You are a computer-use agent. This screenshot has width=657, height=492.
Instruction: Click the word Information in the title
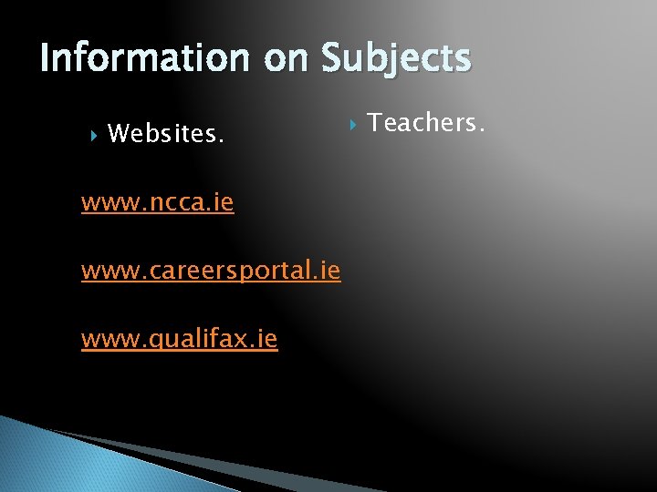[146, 58]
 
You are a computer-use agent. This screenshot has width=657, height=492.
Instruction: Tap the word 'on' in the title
[287, 58]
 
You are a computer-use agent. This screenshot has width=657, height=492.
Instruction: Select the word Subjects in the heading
[396, 58]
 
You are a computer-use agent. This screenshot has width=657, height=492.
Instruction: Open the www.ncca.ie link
[157, 201]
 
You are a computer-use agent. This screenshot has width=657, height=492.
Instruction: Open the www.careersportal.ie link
[211, 271]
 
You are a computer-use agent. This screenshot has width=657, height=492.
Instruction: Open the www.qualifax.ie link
[180, 340]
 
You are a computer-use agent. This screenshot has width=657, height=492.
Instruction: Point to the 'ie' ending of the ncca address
[223, 201]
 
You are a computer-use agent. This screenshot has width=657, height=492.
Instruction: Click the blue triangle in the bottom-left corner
[55, 460]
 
